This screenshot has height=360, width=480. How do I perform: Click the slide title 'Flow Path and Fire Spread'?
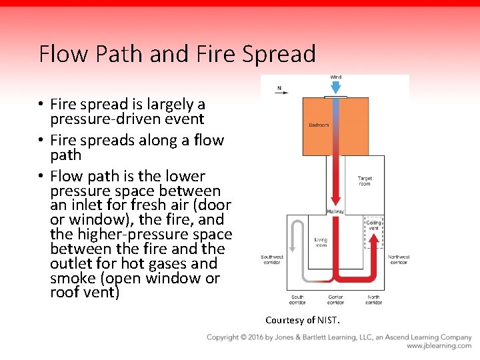coord(177,53)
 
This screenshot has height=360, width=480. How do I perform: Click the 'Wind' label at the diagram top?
coord(335,77)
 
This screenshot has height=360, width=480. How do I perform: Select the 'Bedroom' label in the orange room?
coord(319,125)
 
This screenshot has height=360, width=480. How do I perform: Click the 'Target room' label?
coord(365,181)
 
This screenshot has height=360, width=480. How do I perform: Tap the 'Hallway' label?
coord(335,211)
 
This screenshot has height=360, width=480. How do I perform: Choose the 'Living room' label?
coord(321,242)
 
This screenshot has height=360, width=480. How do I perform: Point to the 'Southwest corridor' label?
coord(272,259)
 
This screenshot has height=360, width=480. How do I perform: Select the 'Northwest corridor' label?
coord(398,259)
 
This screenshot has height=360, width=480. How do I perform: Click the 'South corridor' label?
coord(297,299)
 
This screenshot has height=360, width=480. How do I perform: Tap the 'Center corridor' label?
coord(335,299)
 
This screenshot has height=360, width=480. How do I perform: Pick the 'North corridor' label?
coord(373,299)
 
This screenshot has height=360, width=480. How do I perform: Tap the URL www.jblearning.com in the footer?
coord(439,346)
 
